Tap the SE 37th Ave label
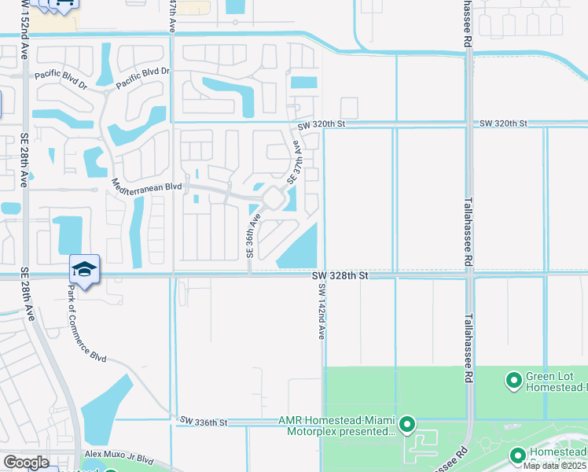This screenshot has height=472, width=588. [x=294, y=162]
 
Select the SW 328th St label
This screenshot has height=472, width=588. [x=340, y=276]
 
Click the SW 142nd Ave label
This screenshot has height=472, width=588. [x=322, y=312]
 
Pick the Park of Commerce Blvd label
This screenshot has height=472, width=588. [x=86, y=323]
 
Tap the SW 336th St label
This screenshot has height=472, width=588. [x=203, y=422]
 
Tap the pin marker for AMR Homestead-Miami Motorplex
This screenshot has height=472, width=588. [x=407, y=426]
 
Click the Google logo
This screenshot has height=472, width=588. [x=26, y=463]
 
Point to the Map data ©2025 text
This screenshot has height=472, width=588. [x=555, y=465]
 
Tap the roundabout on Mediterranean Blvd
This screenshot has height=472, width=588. [x=272, y=198]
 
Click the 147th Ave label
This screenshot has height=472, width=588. [x=173, y=16]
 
